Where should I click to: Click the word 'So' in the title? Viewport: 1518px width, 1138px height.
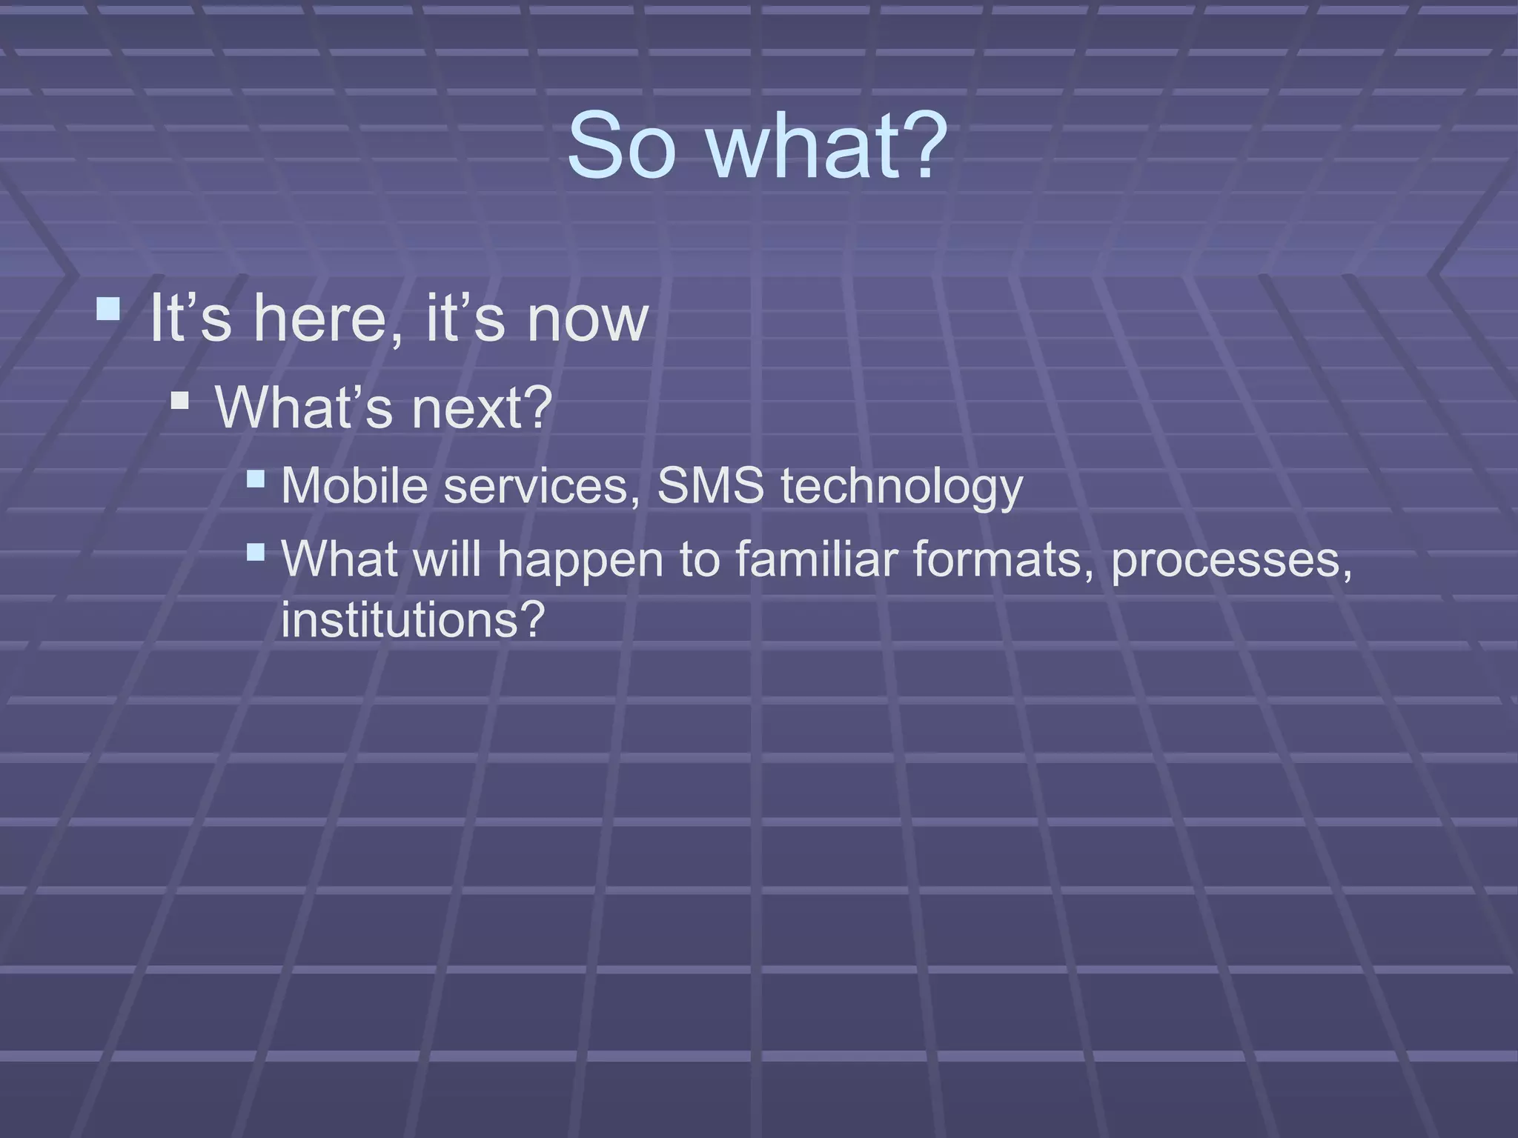pos(621,146)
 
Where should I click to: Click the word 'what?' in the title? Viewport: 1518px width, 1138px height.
pos(827,146)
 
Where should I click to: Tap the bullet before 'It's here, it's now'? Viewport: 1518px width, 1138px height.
pos(108,308)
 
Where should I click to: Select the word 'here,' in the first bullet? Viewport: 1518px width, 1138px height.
pos(328,319)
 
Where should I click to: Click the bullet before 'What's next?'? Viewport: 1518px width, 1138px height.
pos(179,401)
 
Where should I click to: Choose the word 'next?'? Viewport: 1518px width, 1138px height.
pos(482,408)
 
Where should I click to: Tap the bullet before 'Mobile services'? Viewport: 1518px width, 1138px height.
pos(255,479)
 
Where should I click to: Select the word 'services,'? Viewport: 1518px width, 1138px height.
pos(542,487)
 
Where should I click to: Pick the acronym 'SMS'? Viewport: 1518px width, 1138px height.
pos(710,487)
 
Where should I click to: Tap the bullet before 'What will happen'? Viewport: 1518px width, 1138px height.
pos(255,552)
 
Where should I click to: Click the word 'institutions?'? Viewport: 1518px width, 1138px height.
pos(413,619)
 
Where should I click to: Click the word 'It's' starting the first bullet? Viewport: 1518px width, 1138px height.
pos(190,319)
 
